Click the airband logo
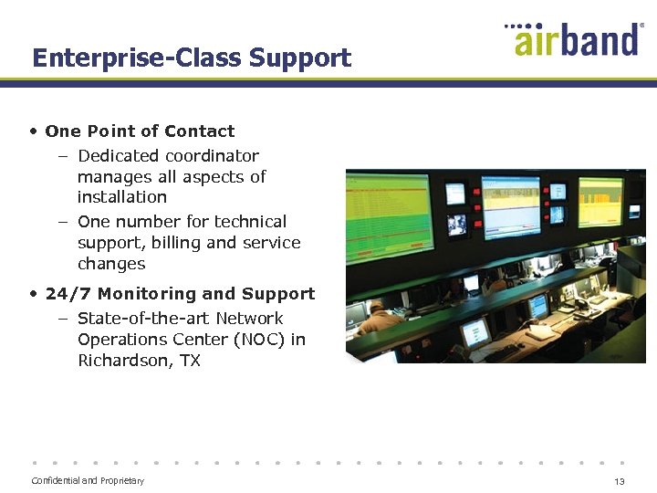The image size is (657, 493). click(x=575, y=41)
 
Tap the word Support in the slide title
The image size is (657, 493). click(x=300, y=58)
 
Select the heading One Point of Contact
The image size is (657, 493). click(x=140, y=131)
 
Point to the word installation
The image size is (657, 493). click(x=122, y=197)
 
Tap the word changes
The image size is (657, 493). click(x=111, y=264)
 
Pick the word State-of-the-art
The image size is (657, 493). click(x=135, y=319)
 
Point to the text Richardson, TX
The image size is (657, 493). click(x=139, y=361)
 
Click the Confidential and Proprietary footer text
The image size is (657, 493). click(x=88, y=481)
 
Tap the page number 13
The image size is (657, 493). click(x=620, y=481)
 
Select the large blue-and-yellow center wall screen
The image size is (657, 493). click(x=510, y=206)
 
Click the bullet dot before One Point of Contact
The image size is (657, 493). click(x=33, y=131)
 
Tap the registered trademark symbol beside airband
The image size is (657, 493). click(x=642, y=27)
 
